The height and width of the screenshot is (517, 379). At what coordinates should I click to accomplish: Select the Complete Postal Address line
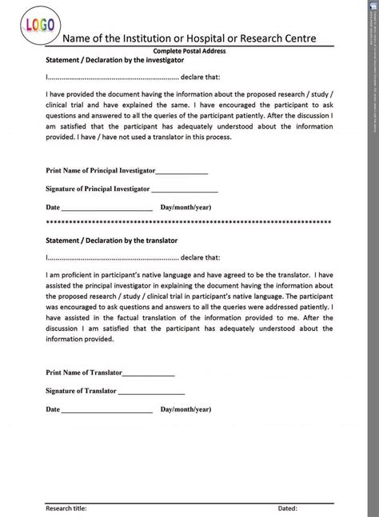[189, 50]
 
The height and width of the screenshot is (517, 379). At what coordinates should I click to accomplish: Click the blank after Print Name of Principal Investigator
[182, 171]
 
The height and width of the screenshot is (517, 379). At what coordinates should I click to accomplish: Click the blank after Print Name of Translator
[148, 372]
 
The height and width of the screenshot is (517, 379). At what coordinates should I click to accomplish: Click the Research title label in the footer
[66, 508]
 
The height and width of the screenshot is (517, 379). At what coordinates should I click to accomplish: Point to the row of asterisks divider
[189, 222]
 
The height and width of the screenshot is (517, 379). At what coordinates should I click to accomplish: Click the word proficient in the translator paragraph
[74, 275]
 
